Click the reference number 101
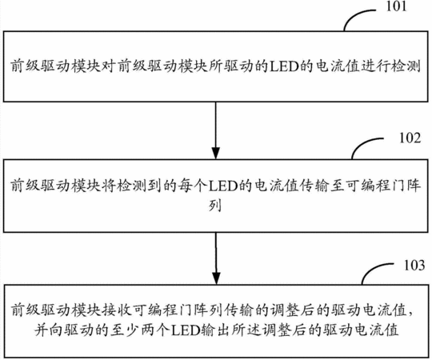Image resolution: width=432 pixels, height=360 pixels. [396, 6]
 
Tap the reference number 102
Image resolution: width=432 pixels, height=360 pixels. [410, 138]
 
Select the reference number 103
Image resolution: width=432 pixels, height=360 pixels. [414, 266]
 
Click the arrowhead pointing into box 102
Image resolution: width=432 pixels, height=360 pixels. [216, 153]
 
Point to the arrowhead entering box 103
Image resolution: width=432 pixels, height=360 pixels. [216, 278]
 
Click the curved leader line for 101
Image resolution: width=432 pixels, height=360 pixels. [355, 15]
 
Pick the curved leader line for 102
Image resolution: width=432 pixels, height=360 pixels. [363, 144]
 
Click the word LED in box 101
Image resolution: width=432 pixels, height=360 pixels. [284, 66]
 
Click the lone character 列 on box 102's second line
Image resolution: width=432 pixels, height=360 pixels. [215, 206]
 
